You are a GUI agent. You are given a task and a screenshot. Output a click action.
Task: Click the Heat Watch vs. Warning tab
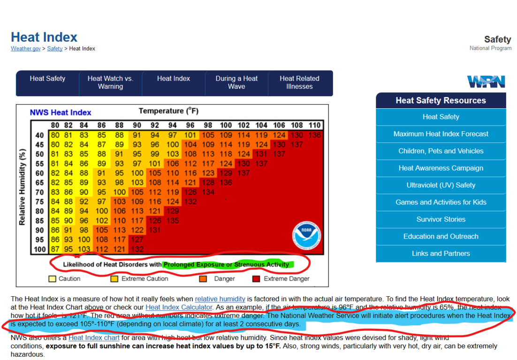[110, 82]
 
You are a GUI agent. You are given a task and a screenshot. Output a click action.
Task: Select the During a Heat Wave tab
[236, 82]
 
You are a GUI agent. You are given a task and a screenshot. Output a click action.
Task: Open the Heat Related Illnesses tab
[299, 82]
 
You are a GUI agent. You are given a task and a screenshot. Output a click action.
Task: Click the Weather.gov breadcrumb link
[26, 49]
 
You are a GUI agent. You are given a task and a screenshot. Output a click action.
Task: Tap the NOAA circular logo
[306, 235]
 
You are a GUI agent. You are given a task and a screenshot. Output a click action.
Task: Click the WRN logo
[486, 82]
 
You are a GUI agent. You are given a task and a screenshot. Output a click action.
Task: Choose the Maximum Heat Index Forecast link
[441, 134]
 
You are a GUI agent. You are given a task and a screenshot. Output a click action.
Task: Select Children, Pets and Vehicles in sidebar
[441, 151]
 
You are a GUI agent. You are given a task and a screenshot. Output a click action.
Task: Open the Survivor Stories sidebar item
[441, 219]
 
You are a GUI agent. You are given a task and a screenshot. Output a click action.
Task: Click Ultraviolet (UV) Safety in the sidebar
[441, 185]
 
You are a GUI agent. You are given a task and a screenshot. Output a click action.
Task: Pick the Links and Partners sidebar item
[441, 254]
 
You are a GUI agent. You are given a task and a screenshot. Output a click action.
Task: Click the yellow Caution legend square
[53, 279]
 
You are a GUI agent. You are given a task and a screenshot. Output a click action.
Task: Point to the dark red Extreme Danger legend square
[256, 279]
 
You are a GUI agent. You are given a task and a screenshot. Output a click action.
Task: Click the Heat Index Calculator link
[179, 307]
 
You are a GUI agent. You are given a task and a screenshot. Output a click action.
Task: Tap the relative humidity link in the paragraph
[220, 299]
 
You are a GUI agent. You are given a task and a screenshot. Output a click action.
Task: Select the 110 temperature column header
[314, 126]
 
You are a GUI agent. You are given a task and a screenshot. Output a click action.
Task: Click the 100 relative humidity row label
[40, 249]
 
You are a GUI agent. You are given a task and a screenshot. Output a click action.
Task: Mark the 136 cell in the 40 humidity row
[314, 135]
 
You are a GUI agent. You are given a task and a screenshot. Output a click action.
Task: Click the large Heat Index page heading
[44, 37]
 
